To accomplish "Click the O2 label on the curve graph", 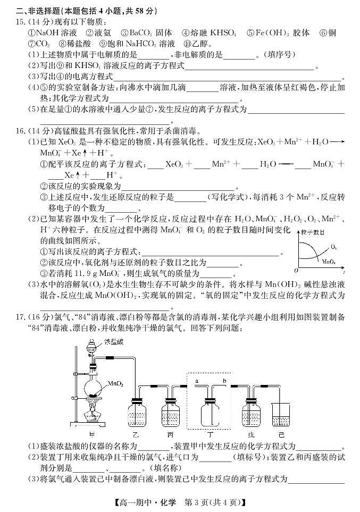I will [333, 247].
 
